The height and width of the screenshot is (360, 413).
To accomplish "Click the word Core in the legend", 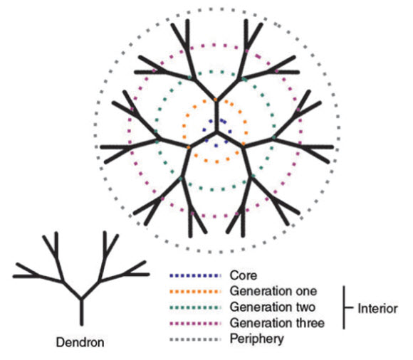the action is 244,275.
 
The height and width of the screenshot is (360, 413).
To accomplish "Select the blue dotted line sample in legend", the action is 195,275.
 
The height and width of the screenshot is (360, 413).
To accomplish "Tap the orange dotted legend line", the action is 195,291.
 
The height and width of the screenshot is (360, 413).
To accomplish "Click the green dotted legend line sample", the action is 195,307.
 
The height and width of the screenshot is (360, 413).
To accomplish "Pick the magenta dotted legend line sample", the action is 195,323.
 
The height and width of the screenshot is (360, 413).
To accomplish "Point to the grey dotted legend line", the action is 195,339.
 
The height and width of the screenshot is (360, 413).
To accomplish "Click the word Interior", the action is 377,309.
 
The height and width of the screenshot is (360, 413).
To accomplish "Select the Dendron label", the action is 80,342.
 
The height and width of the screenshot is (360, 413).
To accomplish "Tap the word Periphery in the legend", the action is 257,339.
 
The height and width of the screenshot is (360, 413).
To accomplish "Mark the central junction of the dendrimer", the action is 216,132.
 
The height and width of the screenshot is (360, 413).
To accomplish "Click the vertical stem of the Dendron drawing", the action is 81,312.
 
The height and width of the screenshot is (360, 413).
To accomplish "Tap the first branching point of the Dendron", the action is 81,299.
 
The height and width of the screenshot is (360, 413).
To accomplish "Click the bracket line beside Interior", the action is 344,307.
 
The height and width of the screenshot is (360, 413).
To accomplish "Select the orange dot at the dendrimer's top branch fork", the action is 216,100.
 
